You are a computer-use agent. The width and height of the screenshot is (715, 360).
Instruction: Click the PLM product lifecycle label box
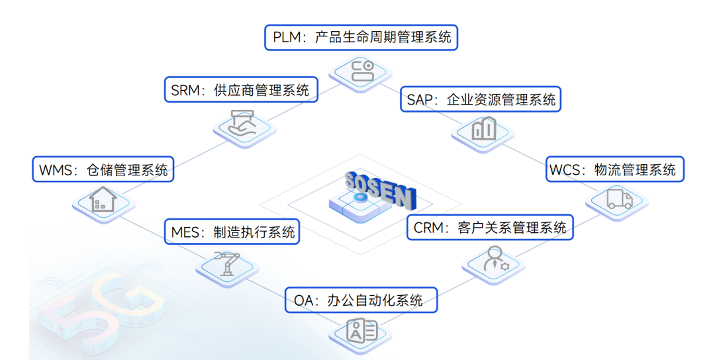click(361, 36)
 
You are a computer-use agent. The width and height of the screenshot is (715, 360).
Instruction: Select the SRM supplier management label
click(240, 90)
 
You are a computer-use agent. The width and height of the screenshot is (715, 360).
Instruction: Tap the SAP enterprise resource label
click(481, 100)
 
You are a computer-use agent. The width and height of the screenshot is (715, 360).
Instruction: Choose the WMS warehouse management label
click(103, 169)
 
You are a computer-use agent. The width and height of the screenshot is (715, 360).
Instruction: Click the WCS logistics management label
click(615, 169)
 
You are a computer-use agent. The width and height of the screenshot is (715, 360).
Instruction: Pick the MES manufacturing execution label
click(232, 232)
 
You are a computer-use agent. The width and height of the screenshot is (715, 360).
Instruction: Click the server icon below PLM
click(363, 70)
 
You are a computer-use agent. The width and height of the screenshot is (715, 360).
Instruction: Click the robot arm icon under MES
click(226, 263)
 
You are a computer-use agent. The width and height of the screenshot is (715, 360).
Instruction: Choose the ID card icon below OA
click(362, 331)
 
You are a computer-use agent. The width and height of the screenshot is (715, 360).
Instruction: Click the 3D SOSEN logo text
click(380, 188)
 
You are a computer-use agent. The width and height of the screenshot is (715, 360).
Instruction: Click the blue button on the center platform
click(359, 197)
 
